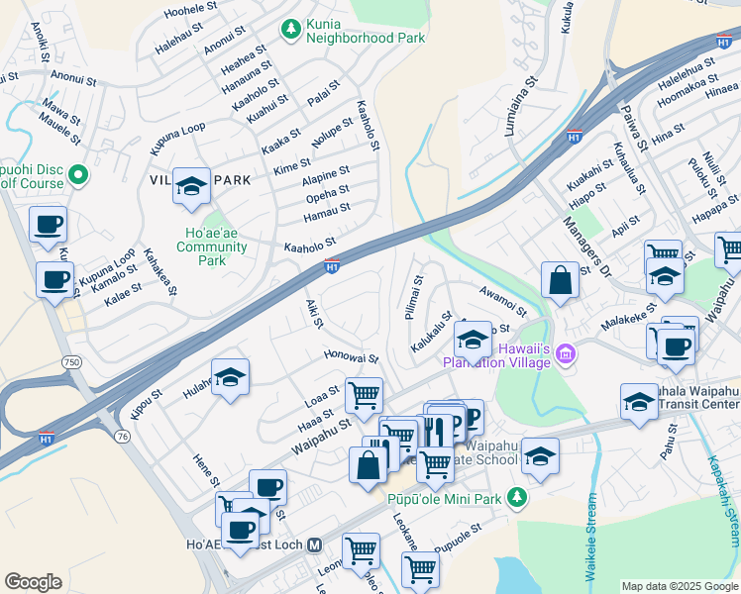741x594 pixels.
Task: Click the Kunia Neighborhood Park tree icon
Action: [291, 31]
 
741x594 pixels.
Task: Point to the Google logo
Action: [33, 582]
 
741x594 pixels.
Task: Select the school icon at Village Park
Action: [191, 185]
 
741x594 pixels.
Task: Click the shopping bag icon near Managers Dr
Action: [560, 279]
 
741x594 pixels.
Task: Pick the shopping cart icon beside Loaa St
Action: [364, 395]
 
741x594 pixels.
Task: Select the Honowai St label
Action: [351, 356]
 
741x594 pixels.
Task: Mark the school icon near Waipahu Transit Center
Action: [639, 402]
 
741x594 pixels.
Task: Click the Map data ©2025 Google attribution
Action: [679, 586]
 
